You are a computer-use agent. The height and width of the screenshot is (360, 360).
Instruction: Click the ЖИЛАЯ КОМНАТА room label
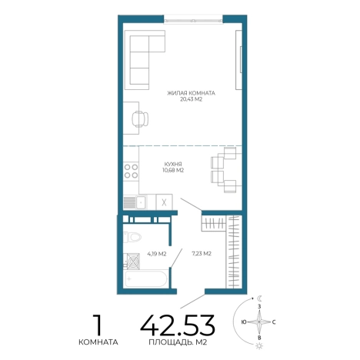(x=191, y=93)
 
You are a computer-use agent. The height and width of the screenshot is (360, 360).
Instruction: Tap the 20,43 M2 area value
(x=192, y=99)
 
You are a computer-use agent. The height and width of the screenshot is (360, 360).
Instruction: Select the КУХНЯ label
(x=173, y=164)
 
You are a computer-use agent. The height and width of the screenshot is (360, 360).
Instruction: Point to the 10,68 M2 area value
(x=173, y=170)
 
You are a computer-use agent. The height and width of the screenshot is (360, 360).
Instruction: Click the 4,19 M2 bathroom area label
(x=157, y=254)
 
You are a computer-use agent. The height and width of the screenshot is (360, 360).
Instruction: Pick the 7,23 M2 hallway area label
(x=202, y=254)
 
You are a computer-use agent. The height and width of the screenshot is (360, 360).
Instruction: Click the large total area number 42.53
(x=178, y=325)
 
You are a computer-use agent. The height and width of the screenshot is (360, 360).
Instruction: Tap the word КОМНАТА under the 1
(x=98, y=342)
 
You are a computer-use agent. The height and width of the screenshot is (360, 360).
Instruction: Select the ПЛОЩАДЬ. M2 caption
(x=178, y=342)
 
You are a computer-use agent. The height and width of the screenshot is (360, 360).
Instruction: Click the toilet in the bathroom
(x=132, y=237)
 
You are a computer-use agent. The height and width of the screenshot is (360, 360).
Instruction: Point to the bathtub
(x=145, y=278)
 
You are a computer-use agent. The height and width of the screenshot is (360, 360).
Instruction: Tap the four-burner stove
(x=131, y=172)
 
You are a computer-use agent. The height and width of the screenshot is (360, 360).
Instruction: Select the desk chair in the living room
(x=140, y=118)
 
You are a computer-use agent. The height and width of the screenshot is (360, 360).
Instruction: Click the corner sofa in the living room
(x=145, y=60)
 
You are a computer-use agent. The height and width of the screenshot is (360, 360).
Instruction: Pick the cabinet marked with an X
(x=164, y=202)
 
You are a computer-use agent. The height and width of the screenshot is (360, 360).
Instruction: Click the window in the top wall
(x=193, y=19)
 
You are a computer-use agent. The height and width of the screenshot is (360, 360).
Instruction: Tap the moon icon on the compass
(x=260, y=298)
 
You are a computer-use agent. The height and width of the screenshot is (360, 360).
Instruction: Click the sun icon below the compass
(x=259, y=346)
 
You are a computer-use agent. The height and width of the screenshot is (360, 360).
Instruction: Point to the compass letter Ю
(x=244, y=322)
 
